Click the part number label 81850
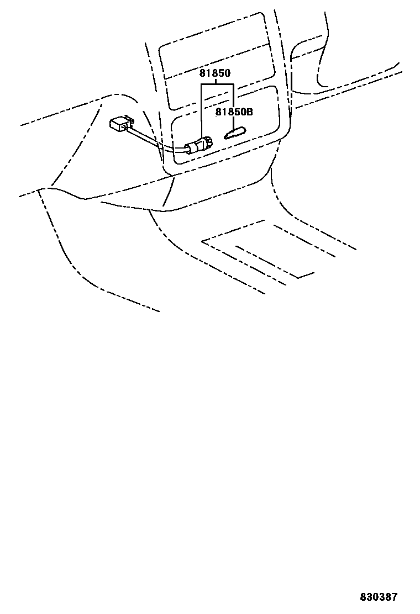(x=216, y=73)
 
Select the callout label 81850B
(x=234, y=112)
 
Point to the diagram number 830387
(x=379, y=597)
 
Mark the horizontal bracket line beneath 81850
(x=217, y=84)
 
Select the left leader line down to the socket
(x=202, y=110)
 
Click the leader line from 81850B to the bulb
(x=234, y=122)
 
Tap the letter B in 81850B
(x=249, y=112)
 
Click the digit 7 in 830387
(x=394, y=597)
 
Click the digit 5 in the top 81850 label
(x=222, y=73)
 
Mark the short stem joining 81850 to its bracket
(x=216, y=81)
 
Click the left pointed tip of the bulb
(x=225, y=136)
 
